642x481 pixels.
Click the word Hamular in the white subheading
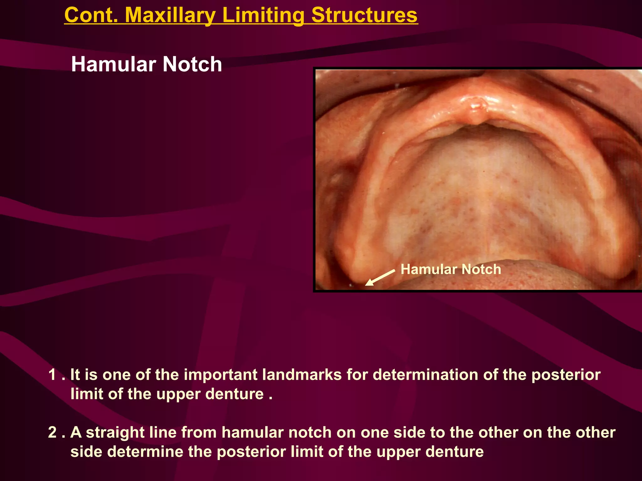pos(113,64)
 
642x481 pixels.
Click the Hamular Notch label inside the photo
pos(450,269)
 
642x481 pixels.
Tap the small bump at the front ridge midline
pos(476,108)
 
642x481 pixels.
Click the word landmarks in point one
pos(302,375)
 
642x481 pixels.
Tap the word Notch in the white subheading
pos(192,64)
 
